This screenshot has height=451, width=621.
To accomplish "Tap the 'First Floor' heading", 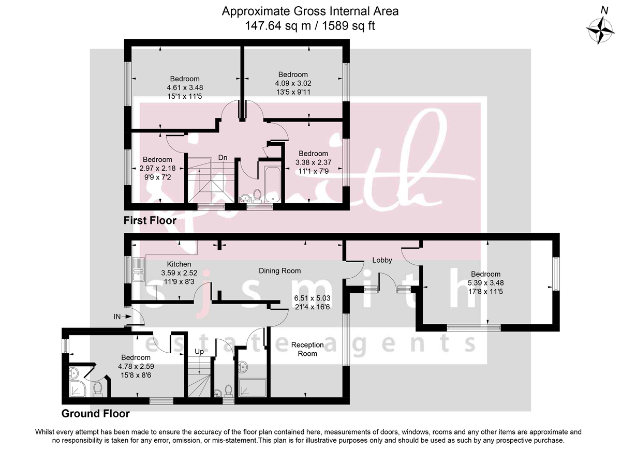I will coord(150,221).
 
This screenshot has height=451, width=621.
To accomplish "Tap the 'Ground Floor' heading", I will coord(95,414).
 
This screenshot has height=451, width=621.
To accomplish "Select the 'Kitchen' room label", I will coord(165,264).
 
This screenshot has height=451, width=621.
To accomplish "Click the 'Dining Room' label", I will coord(279,270).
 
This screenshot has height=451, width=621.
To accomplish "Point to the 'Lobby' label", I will coord(382,260).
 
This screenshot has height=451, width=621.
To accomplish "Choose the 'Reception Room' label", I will coord(307,349).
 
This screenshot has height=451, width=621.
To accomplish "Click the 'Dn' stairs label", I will coord(223,157).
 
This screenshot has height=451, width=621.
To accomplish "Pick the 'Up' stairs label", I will coord(199,351).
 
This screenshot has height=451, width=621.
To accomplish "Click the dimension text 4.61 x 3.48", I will coord(180,87).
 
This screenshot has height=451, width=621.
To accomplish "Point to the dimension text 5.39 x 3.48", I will coord(486,282).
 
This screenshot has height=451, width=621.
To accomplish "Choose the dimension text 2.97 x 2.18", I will coord(157,168).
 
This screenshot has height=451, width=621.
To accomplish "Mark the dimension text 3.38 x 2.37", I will coord(313,162).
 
